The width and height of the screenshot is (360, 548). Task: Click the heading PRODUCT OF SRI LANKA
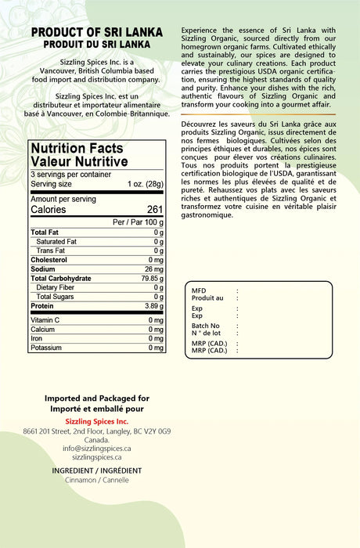(97, 33)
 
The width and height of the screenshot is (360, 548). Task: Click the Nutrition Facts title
(77, 148)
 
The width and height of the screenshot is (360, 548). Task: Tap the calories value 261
(155, 210)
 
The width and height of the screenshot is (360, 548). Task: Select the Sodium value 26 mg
(153, 269)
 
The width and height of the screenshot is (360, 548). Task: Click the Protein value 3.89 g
(153, 306)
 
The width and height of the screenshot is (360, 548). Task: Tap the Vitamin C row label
(46, 320)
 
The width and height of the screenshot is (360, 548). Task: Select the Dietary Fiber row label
(57, 287)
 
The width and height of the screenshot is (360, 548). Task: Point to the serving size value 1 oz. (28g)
(146, 184)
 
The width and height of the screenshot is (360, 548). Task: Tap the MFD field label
(200, 290)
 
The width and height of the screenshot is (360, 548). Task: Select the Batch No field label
(206, 326)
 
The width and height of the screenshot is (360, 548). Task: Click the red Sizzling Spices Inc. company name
(97, 421)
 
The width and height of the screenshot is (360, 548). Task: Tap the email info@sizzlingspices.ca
(97, 448)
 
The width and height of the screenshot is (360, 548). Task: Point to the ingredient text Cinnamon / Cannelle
(97, 480)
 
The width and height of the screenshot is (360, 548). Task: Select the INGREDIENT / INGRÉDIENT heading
(97, 470)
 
